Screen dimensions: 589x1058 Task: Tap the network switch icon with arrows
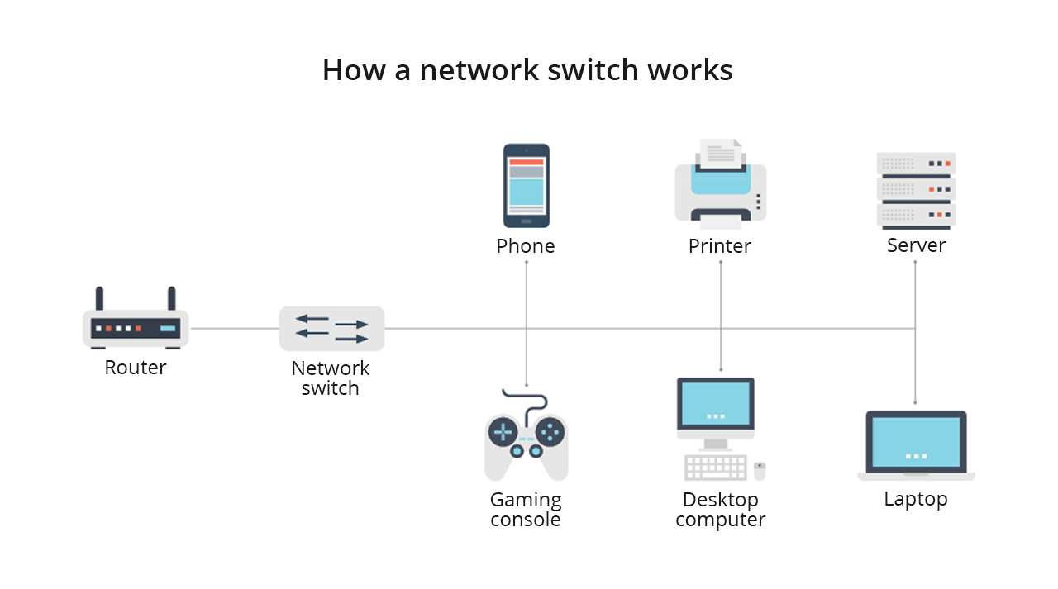331,329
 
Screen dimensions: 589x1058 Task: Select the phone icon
527,186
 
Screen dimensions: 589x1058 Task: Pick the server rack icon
916,190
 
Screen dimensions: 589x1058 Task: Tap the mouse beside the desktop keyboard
760,471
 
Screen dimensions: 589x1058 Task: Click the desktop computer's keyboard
716,468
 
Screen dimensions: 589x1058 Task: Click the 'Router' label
136,368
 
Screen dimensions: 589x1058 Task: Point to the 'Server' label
916,245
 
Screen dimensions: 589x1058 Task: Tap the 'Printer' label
720,246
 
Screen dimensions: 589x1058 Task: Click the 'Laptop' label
916,499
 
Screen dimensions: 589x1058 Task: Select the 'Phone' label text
526,246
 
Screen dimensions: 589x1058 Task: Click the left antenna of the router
99,298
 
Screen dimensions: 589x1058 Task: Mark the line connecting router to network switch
234,329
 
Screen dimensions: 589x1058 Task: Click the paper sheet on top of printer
721,153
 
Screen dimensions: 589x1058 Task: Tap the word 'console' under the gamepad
526,520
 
